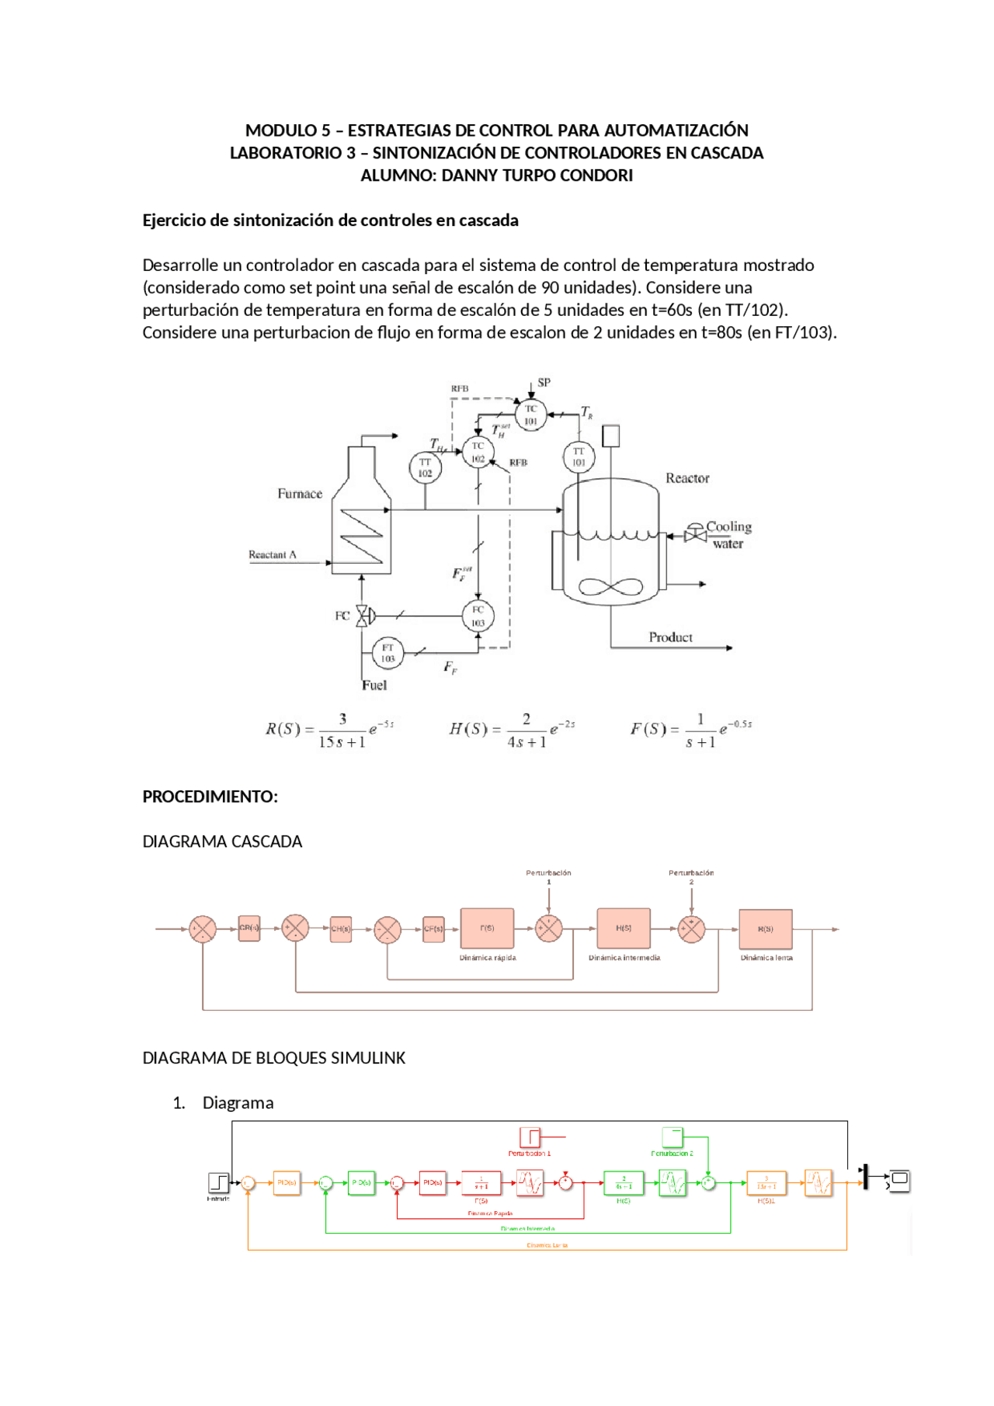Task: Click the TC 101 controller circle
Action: (530, 415)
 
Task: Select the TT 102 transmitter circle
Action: (425, 467)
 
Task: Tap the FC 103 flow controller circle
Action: (478, 616)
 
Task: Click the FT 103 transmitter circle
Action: (388, 653)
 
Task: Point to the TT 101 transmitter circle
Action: (579, 457)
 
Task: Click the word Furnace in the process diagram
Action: (300, 494)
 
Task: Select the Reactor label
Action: (687, 478)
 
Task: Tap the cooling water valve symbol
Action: (695, 534)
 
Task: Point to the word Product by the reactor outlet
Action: (670, 637)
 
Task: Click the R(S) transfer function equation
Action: (330, 730)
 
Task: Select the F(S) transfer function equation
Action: (690, 730)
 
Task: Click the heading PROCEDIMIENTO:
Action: (210, 797)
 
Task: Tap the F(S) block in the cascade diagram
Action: (487, 929)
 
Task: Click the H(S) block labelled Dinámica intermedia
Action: (624, 929)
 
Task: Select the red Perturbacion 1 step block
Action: (530, 1137)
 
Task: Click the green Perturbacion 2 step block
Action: (673, 1137)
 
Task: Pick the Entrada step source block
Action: (218, 1182)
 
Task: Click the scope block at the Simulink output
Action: (899, 1180)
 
